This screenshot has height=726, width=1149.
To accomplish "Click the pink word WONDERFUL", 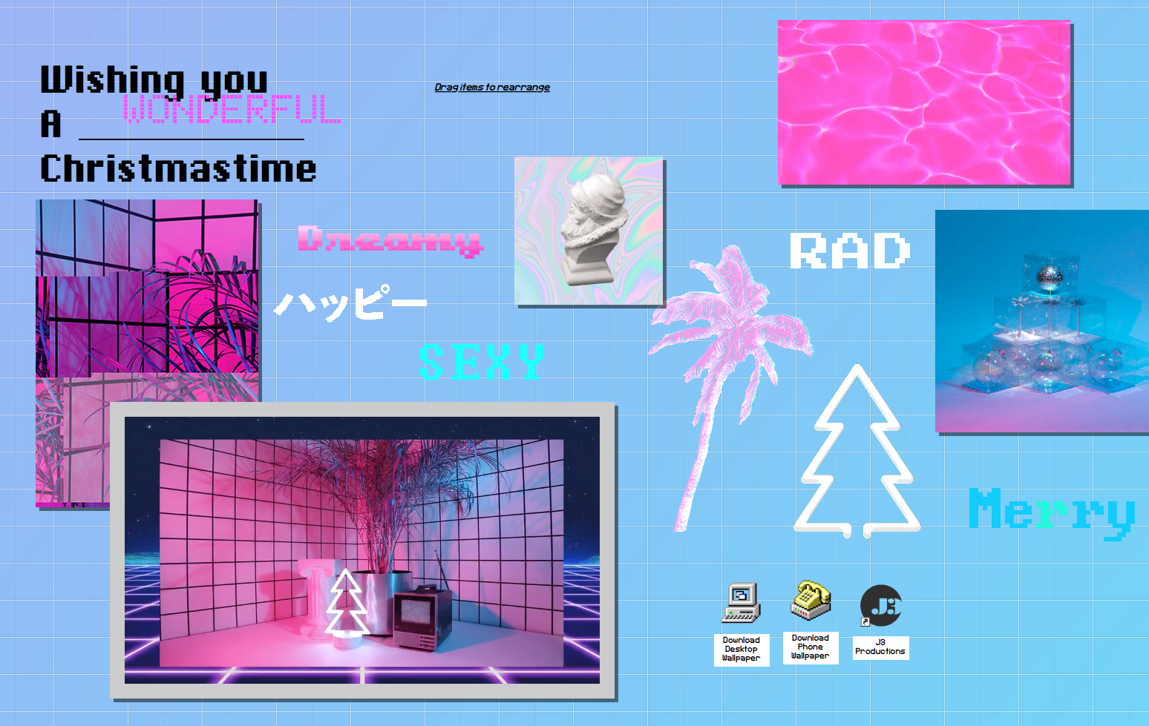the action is point(232,108).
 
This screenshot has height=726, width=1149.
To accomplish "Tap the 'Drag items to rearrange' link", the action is point(492,87).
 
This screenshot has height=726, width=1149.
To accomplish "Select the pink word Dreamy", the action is point(390,240).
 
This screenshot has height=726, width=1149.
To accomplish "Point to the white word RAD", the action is point(849,250).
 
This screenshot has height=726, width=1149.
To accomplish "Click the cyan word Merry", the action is point(1051,513).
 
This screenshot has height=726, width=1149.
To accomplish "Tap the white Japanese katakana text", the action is point(350,303).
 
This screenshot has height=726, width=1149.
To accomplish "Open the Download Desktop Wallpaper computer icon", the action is point(741,602).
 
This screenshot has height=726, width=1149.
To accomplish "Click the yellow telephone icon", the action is point(811,600).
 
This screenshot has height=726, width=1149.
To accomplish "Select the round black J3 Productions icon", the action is point(880,606).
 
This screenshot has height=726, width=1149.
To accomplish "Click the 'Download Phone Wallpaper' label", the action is point(811,647).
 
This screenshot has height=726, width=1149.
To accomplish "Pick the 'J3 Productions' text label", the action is point(880,647).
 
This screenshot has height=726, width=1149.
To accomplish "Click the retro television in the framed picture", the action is point(422,618).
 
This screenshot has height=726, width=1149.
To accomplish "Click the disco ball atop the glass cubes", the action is point(1050,277).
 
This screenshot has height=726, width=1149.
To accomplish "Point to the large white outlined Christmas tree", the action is point(856,451).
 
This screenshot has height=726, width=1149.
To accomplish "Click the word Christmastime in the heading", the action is point(178,168).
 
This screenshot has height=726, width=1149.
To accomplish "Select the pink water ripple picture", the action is point(924,102).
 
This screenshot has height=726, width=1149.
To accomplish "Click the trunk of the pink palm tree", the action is point(698,451).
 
